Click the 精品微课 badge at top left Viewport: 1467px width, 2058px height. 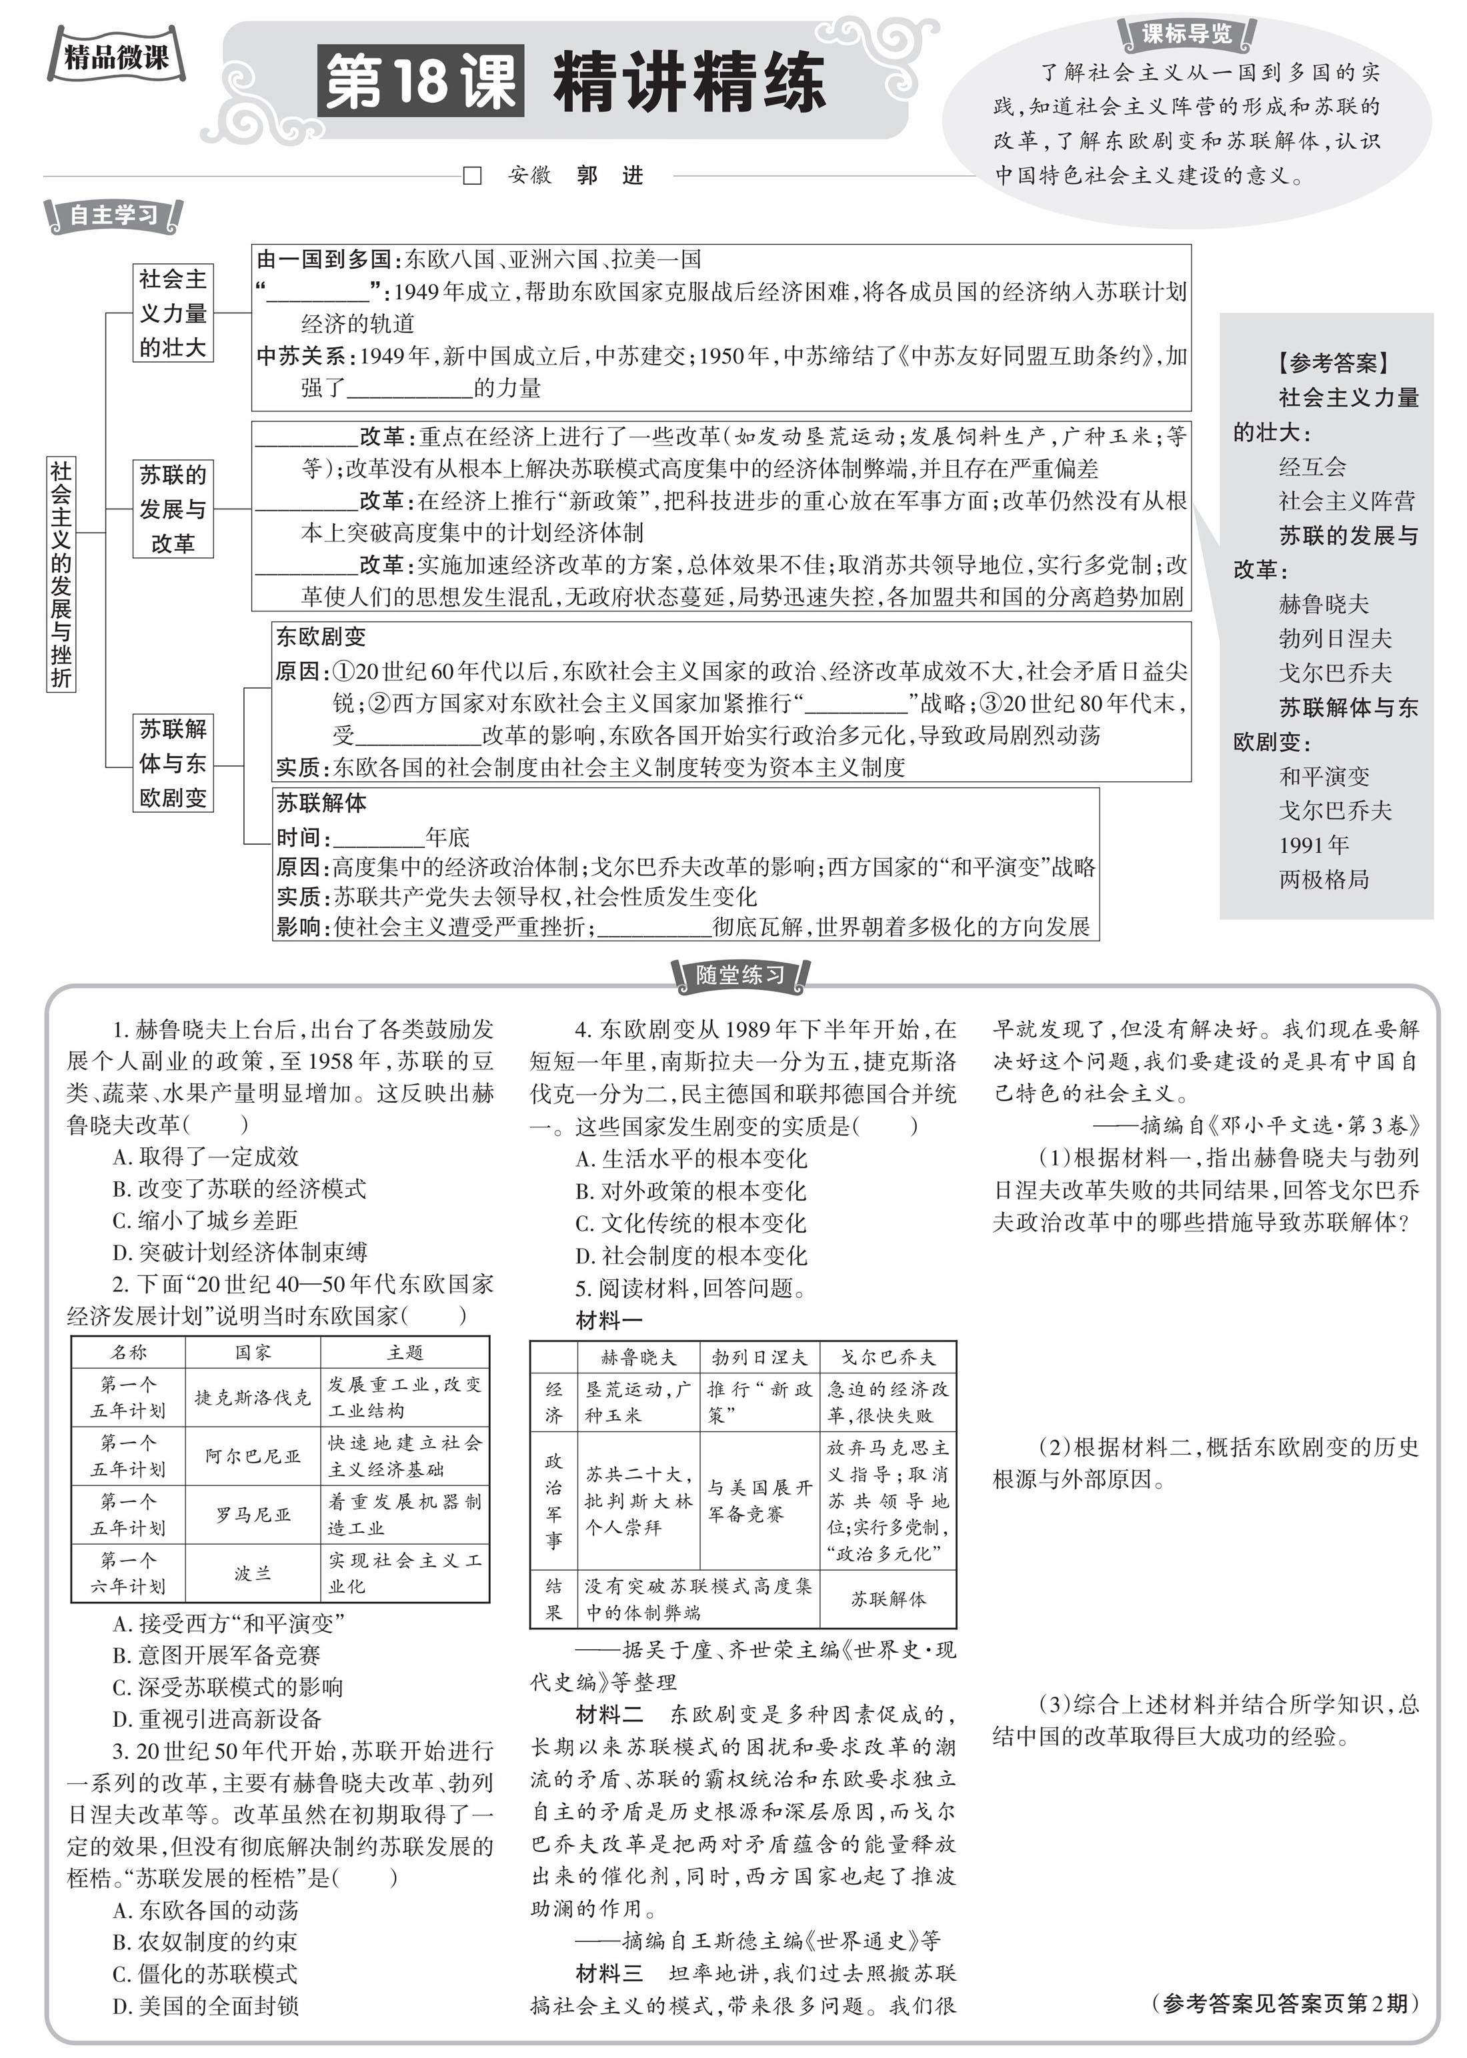tap(115, 58)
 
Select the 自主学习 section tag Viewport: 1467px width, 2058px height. tap(114, 215)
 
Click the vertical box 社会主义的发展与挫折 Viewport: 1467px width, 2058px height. tap(61, 573)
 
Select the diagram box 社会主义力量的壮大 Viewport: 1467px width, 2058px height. tap(173, 313)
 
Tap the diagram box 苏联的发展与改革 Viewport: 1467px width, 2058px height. tap(173, 509)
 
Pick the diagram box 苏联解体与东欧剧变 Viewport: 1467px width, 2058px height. tap(173, 763)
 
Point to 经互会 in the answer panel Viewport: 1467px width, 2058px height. tap(1312, 467)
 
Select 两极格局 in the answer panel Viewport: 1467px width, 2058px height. tap(1324, 879)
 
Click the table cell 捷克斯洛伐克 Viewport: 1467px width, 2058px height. tap(252, 1397)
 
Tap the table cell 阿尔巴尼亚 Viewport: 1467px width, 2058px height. tap(252, 1456)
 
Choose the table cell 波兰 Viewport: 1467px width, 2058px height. tap(252, 1573)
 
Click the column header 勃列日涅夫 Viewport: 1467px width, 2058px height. tap(759, 1357)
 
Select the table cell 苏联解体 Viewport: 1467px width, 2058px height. tap(888, 1599)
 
